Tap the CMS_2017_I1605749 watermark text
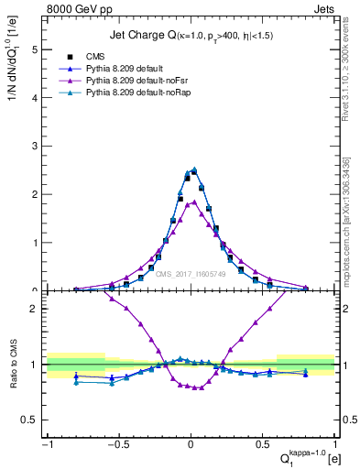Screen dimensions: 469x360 pyautogui.click(x=191, y=274)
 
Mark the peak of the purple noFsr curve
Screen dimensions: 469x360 pyautogui.click(x=191, y=202)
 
